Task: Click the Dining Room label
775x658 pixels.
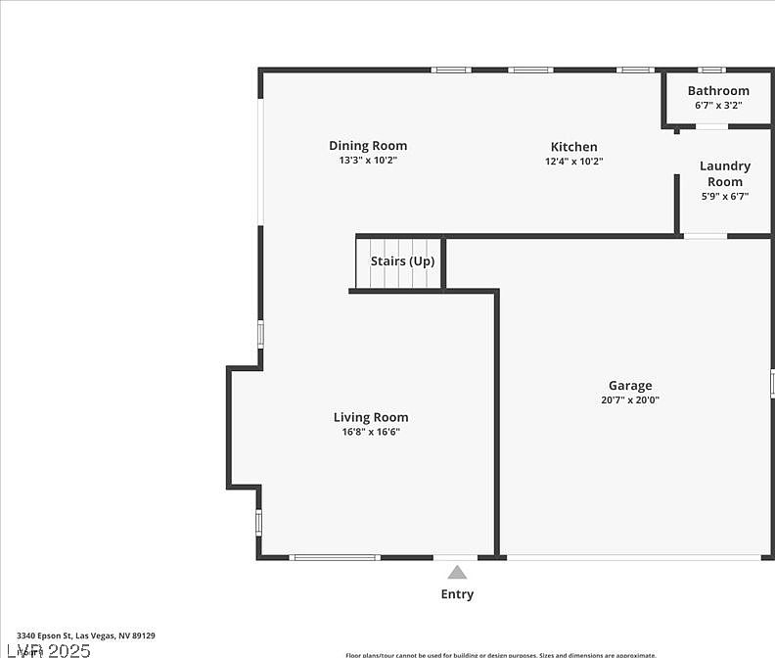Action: pos(368,146)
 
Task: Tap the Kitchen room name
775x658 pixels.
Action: pos(573,147)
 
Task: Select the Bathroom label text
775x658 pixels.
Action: pos(718,91)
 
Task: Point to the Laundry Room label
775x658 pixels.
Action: pos(725,173)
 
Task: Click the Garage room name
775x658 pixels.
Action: pos(630,386)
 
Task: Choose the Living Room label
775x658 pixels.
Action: pos(371,417)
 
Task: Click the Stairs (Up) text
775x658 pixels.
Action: pos(402,261)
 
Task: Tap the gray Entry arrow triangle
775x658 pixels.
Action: pos(457,572)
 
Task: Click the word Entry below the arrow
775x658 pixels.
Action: pos(457,594)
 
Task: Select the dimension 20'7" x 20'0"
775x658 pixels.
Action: pos(630,399)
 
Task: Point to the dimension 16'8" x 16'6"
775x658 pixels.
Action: pos(371,431)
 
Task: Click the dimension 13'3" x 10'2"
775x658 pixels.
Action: pos(368,160)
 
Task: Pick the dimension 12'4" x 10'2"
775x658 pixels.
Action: pos(573,161)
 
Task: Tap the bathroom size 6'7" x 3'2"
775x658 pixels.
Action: pos(718,105)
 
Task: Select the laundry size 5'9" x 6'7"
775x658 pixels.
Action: pos(725,196)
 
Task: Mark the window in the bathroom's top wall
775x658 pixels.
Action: pos(711,70)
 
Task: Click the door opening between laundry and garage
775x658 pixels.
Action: pos(705,236)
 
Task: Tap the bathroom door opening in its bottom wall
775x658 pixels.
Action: pos(711,126)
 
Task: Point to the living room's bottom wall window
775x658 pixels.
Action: pos(336,557)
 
